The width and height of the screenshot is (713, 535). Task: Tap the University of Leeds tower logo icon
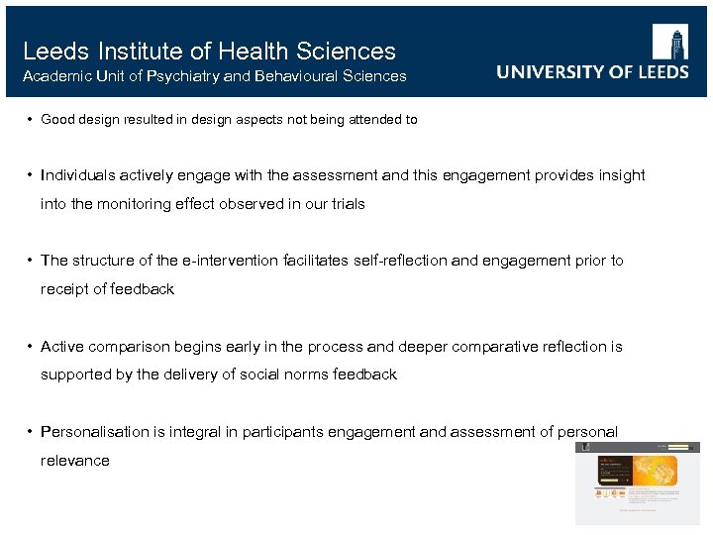(669, 43)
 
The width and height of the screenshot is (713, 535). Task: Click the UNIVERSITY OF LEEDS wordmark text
(592, 72)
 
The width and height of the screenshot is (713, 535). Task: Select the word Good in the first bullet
(59, 120)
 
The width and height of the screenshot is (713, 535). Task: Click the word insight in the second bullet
(620, 175)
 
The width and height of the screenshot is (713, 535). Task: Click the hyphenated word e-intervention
(232, 261)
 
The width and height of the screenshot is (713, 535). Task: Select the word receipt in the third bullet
(64, 289)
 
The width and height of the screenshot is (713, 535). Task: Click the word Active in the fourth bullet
(62, 347)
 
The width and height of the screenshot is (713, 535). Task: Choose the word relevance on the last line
(75, 461)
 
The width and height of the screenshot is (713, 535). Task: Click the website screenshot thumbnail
(638, 482)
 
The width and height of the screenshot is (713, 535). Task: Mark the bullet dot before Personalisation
(32, 432)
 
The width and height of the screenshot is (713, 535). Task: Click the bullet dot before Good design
(32, 120)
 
